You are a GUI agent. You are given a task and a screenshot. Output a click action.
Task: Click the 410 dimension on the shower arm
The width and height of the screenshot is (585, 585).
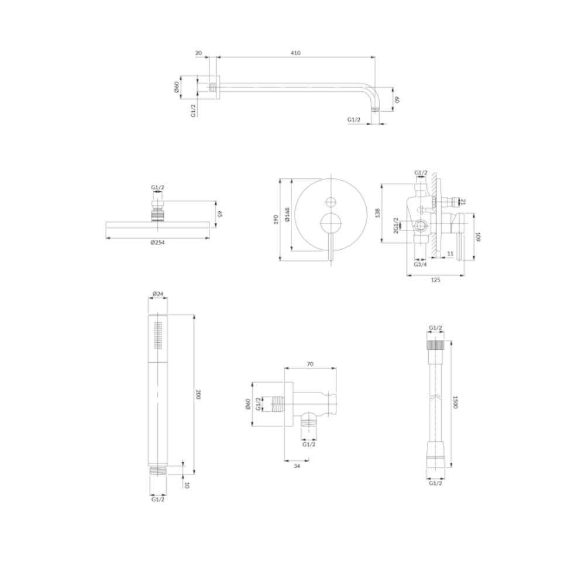coord(295,53)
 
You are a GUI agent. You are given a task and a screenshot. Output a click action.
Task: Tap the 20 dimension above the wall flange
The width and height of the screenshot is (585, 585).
coord(198,53)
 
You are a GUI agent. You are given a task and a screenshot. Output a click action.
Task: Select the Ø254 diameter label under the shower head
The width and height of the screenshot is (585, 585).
coord(157,243)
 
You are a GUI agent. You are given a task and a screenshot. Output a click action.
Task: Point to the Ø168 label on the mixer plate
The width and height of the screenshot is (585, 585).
coord(287,215)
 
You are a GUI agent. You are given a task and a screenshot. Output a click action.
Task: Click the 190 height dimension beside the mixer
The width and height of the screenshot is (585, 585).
coord(276,219)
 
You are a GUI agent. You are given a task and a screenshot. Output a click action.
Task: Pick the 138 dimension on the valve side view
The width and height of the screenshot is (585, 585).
coord(377,213)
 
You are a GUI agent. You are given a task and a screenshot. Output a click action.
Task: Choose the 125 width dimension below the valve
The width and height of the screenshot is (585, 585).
coord(435,280)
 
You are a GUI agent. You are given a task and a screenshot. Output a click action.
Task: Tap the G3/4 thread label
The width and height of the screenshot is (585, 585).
coord(421,264)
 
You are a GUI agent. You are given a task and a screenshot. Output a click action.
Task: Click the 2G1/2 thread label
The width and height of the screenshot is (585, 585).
coord(395,226)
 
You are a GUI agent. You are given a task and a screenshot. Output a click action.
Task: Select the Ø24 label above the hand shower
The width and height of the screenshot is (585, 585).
coord(158,294)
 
